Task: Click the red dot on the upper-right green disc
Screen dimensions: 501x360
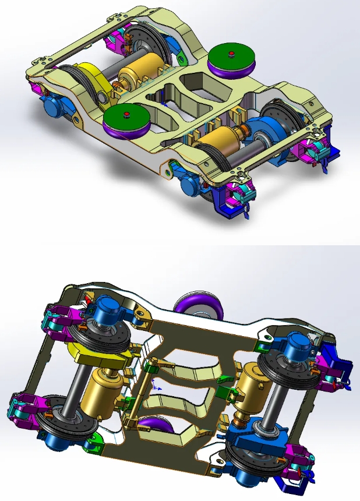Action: click(x=232, y=55)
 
